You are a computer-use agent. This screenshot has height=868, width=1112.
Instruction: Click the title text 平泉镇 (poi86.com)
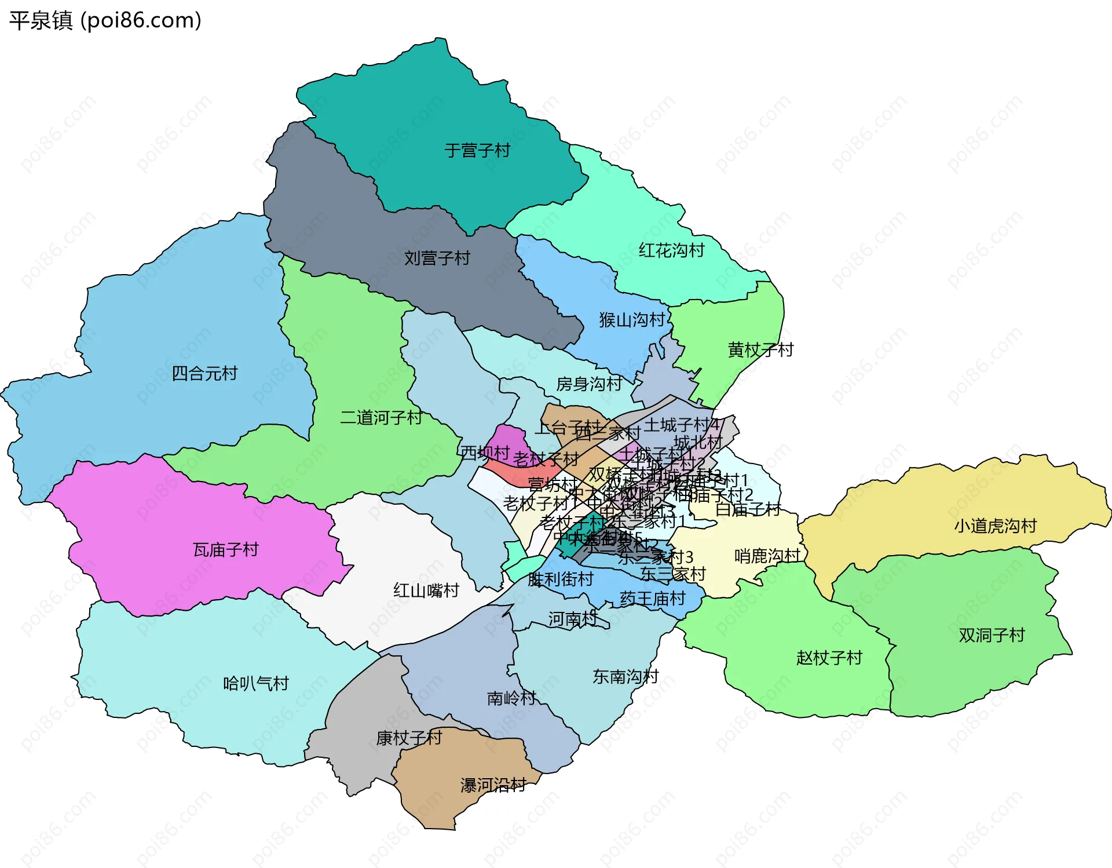coord(105,20)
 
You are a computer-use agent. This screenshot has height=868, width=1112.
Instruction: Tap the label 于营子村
coord(477,151)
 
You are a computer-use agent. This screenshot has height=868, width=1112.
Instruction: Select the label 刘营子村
coord(437,258)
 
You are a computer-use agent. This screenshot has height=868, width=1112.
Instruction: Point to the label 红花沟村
coord(671,250)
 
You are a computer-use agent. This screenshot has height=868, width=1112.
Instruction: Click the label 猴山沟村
coord(632,320)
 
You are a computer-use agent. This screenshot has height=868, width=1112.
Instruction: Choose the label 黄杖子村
coord(760,350)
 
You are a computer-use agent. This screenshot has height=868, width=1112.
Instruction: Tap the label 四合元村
coord(204,373)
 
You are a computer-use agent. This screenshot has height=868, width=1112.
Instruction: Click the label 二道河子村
coord(381,417)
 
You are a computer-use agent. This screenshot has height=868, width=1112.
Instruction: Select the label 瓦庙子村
coord(225,549)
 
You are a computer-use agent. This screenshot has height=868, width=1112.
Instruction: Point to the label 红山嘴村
coord(426,590)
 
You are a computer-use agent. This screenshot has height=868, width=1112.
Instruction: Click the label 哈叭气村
coord(256,684)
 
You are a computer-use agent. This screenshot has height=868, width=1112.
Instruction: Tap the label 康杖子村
coord(409,738)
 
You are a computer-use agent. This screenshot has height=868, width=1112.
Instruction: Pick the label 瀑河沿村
coord(493,785)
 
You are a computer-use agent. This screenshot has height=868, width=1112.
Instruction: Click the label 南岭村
coord(511,698)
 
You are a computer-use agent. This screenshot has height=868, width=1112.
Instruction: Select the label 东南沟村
coord(625,676)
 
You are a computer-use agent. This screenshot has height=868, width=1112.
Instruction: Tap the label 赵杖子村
coord(829,658)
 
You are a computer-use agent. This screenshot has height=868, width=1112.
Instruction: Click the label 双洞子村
coord(992,635)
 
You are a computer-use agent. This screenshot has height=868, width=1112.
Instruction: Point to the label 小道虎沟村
coord(995,526)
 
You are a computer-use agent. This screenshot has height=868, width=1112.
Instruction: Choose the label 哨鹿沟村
coord(767,556)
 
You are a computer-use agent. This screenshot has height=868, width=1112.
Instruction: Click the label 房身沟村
coord(589,384)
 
